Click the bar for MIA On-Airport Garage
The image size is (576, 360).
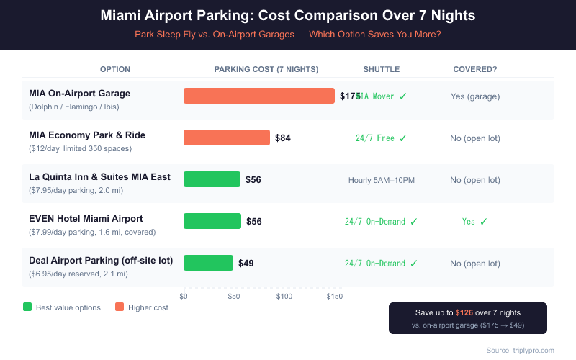259,96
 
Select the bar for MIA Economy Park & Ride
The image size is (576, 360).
227,138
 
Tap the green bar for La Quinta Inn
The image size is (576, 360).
212,179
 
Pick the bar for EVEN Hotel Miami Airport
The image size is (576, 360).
212,221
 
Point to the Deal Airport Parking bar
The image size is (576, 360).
208,263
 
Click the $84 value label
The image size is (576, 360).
283,138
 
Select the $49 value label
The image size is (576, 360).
246,264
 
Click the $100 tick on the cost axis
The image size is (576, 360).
284,296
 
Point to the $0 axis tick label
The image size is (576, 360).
184,296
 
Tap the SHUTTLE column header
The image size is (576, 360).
381,69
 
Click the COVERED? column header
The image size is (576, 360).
474,69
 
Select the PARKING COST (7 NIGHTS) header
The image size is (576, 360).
266,69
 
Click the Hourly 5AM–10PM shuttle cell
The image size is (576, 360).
381,180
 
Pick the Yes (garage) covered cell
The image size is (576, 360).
474,96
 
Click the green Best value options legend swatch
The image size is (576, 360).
27,307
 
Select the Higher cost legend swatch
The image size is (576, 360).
118,307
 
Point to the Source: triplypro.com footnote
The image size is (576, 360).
520,350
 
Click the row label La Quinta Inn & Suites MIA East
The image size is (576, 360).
99,176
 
